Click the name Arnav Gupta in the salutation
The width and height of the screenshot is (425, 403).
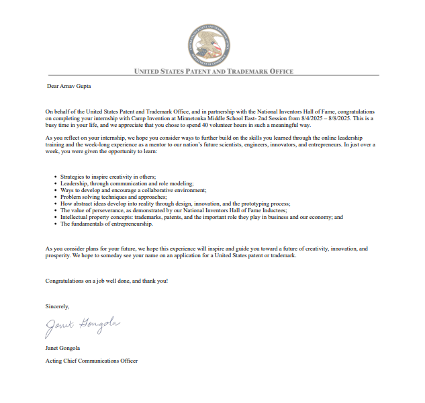tap(77, 86)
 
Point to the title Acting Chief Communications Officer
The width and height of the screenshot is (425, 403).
tap(91, 361)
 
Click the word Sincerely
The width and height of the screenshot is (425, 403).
tap(57, 306)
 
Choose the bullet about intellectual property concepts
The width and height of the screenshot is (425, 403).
tap(201, 217)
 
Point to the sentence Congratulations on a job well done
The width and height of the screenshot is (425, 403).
tap(107, 280)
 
